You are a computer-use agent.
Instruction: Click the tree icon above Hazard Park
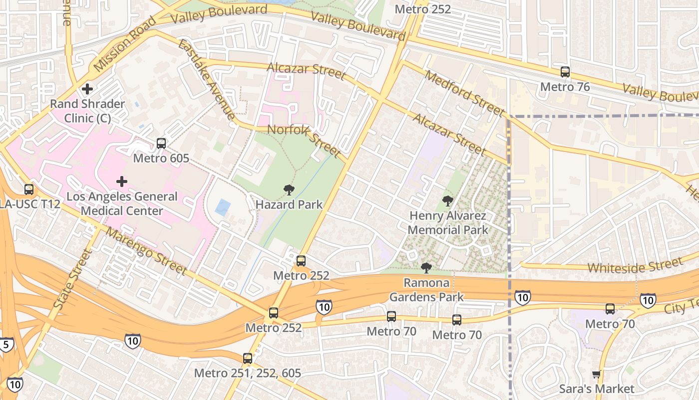click(x=289, y=189)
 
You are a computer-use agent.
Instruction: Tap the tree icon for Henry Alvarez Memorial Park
click(x=447, y=201)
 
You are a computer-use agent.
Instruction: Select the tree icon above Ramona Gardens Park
click(x=426, y=268)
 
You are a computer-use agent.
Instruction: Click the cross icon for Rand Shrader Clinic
click(x=87, y=89)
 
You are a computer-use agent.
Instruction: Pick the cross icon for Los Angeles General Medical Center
click(x=121, y=181)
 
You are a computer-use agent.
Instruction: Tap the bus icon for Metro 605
click(x=161, y=143)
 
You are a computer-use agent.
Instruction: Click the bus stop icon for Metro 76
click(x=565, y=72)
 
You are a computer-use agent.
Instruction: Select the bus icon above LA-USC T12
click(x=29, y=189)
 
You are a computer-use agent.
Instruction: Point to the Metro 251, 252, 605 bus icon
click(x=248, y=358)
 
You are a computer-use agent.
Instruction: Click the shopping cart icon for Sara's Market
click(x=596, y=374)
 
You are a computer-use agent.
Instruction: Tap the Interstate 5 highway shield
click(x=6, y=344)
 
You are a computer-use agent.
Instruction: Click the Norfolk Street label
click(x=304, y=140)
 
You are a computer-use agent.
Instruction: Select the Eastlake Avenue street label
click(x=206, y=79)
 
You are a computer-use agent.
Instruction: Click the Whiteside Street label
click(x=634, y=265)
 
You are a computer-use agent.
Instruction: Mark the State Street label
click(x=73, y=278)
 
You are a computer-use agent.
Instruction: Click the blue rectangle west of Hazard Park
click(x=223, y=207)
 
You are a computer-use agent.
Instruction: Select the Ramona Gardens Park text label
click(x=426, y=290)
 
